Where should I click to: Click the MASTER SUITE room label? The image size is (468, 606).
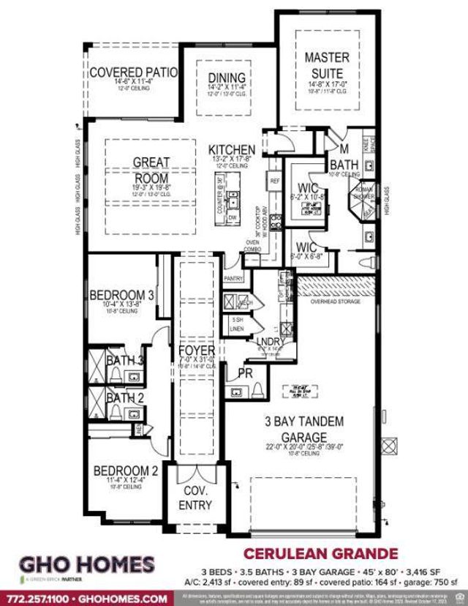pyautogui.click(x=327, y=64)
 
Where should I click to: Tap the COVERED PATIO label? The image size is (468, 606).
pyautogui.click(x=133, y=72)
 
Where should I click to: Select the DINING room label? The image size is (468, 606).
pyautogui.click(x=227, y=77)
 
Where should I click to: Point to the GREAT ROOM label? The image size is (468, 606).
pyautogui.click(x=151, y=170)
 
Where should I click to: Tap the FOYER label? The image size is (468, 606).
pyautogui.click(x=196, y=351)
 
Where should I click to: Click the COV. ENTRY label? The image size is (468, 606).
pyautogui.click(x=195, y=498)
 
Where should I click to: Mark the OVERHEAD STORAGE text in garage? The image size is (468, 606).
pyautogui.click(x=335, y=301)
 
